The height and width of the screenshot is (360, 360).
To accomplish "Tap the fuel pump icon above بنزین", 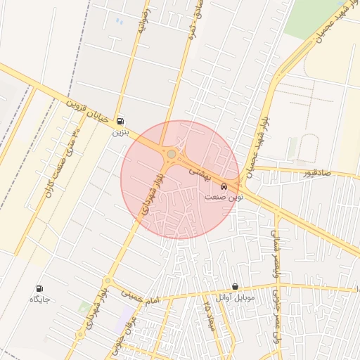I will (x=121, y=121).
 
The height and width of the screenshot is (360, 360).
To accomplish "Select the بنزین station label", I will (x=121, y=131).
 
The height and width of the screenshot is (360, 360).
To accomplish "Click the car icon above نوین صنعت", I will (x=224, y=187).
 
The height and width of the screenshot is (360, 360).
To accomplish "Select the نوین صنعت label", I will (x=224, y=198).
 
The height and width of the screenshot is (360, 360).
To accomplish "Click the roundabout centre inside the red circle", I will (x=171, y=153).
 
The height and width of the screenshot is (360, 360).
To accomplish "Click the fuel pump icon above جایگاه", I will (x=38, y=288).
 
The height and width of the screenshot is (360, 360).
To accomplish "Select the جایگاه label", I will (x=38, y=299).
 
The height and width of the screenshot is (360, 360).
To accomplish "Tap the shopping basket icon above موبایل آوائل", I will (x=234, y=287).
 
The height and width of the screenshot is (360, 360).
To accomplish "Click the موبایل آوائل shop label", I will (x=234, y=297).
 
